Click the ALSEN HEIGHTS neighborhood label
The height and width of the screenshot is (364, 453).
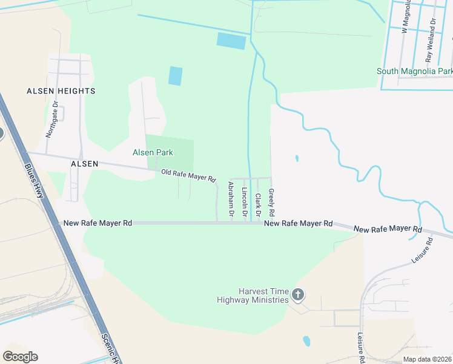(61, 91)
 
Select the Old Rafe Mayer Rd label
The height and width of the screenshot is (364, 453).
(188, 176)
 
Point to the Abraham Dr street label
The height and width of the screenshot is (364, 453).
(231, 199)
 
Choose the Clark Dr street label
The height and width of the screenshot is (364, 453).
(258, 206)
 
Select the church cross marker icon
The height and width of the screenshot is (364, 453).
(297, 295)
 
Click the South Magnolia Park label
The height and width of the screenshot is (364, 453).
(414, 71)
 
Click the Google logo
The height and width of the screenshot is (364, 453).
(20, 357)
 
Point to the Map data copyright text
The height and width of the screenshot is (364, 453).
(427, 359)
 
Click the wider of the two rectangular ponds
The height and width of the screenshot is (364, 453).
(231, 41)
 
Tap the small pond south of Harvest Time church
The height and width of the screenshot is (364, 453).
(306, 341)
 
